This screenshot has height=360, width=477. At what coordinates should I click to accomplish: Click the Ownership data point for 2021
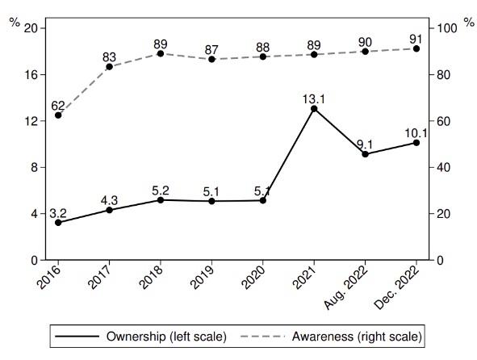(314, 109)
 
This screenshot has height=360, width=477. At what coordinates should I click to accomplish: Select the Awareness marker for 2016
(58, 115)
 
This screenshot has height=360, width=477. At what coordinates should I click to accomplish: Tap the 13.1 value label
(314, 99)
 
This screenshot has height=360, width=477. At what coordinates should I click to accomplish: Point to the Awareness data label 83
(109, 57)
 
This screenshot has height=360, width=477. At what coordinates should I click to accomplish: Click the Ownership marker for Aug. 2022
(366, 154)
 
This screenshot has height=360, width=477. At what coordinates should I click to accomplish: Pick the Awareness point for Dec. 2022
(416, 48)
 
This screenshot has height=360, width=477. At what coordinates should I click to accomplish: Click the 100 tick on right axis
(447, 28)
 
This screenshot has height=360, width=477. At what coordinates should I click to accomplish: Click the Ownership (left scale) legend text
(166, 337)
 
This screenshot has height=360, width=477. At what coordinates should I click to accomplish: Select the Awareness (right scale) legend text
(357, 337)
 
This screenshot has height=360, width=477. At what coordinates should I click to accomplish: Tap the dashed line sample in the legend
(263, 337)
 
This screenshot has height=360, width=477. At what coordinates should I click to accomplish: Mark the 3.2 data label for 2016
(58, 213)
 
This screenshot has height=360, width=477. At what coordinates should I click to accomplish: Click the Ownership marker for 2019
(211, 201)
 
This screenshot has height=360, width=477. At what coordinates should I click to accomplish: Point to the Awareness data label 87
(211, 49)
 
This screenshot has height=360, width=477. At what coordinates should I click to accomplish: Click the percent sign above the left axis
(15, 23)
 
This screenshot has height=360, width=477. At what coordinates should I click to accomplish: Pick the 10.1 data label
(416, 133)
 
